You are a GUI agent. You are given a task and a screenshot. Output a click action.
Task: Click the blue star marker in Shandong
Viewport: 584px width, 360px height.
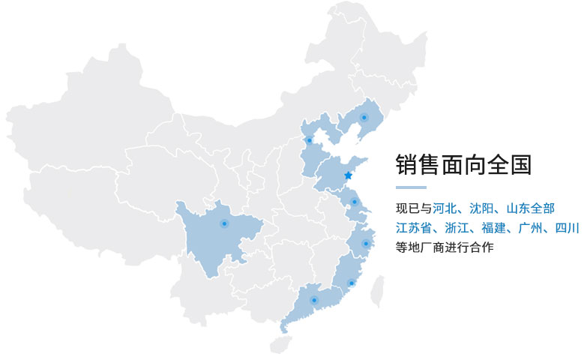(348, 175)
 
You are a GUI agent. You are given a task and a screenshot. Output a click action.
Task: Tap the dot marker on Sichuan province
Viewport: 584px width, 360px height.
(223, 223)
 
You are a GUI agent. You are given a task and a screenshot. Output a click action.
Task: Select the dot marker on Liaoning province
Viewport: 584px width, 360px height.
(364, 117)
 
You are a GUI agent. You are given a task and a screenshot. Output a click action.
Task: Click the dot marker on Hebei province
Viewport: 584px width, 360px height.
(309, 140)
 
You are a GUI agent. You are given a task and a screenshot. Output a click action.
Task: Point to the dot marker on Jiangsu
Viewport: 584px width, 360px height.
(355, 202)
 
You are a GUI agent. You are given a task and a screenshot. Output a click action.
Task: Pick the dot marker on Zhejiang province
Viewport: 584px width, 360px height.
(366, 243)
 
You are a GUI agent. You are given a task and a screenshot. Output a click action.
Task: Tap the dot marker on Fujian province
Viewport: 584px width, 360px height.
(351, 283)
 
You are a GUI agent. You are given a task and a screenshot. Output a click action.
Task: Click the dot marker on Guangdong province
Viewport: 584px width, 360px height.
(314, 301)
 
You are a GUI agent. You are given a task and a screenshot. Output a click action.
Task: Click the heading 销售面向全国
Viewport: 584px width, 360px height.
(463, 164)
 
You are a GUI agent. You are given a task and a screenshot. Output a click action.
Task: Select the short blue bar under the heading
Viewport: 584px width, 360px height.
(411, 187)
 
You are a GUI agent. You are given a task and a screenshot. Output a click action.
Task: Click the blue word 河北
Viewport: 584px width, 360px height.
(445, 208)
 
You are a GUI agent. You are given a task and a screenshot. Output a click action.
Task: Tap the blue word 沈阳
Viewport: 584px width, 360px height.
(481, 208)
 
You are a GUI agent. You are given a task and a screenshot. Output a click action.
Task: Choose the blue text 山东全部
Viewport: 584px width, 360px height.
(530, 208)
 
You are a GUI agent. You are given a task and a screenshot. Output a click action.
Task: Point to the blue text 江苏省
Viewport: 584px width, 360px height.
(414, 227)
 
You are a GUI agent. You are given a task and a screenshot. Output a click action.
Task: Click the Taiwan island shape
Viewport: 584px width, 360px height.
(379, 290)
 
